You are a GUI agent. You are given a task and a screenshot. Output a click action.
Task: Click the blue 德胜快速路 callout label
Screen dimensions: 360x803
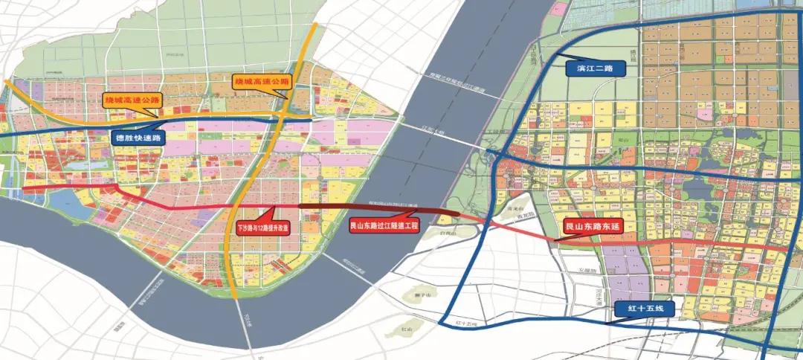138,138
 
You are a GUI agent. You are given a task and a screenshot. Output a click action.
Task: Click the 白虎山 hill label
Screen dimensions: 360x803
448,234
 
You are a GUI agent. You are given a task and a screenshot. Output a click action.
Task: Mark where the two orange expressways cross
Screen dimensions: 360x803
286,118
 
